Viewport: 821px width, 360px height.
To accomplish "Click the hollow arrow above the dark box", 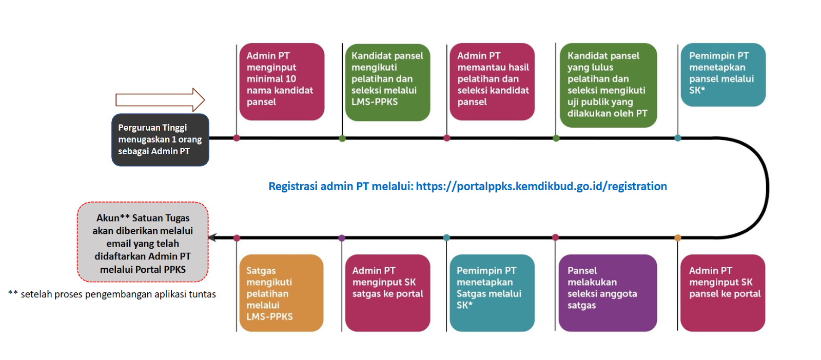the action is [160, 99].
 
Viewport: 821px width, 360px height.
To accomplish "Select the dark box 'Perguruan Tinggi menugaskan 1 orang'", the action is [160, 140].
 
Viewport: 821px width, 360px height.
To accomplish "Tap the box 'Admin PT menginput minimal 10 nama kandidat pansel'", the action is [282, 82].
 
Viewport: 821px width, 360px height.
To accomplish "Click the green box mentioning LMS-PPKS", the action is [387, 83].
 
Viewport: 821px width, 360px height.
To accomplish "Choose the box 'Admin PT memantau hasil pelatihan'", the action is [492, 82].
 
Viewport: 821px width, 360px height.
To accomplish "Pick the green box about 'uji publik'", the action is [609, 85].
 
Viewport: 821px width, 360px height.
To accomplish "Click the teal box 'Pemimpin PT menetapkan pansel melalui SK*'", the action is [723, 75].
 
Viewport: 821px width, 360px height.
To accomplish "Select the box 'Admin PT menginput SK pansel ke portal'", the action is [723, 293].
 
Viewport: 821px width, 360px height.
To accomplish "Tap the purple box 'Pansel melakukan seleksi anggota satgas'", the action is [608, 293].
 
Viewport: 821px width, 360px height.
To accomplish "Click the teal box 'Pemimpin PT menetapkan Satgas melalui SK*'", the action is [492, 293].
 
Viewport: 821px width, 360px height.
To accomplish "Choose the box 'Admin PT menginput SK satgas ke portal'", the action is [387, 293].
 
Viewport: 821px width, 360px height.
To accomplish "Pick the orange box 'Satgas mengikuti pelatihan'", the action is [282, 293].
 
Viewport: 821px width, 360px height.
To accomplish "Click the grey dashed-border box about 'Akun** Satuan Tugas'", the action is [143, 242].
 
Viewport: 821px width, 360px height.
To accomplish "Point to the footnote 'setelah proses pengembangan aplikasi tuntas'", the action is [118, 294].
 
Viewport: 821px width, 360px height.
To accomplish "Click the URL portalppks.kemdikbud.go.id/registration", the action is [541, 186].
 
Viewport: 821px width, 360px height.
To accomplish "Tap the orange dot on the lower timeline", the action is [678, 237].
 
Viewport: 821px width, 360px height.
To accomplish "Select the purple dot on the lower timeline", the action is [342, 238].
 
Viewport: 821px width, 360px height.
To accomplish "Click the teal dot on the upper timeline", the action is [678, 138].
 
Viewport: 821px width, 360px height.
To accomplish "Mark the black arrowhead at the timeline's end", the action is [212, 237].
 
